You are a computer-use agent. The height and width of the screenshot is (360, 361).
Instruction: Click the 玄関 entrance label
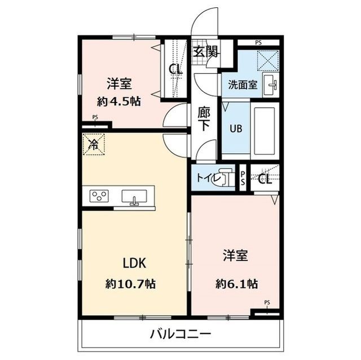click(x=205, y=52)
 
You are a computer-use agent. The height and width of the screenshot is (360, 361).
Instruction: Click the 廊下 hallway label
click(x=205, y=118)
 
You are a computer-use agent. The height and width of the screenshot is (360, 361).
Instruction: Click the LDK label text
click(x=134, y=263)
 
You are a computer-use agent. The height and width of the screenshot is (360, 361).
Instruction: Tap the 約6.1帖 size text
click(x=237, y=284)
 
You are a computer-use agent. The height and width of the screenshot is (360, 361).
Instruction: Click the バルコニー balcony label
click(x=180, y=334)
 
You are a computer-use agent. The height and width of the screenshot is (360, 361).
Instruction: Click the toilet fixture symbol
click(x=228, y=179)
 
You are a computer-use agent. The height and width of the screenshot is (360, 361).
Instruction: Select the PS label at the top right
click(x=258, y=43)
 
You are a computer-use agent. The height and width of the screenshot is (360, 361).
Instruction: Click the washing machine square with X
click(x=265, y=59)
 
